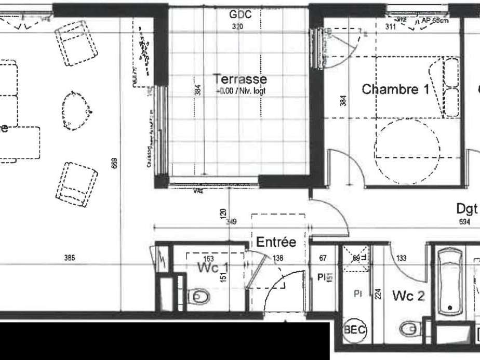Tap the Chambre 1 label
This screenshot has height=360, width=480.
click(x=395, y=89)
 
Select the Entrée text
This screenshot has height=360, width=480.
click(x=276, y=242)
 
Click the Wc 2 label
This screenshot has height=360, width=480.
click(x=409, y=296)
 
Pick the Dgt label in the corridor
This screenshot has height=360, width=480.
click(x=466, y=209)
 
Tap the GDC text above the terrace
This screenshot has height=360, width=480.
click(x=240, y=15)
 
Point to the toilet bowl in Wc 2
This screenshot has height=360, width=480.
click(x=409, y=328)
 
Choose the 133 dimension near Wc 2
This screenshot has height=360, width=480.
click(x=401, y=258)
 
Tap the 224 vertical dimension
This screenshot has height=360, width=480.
click(x=378, y=294)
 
